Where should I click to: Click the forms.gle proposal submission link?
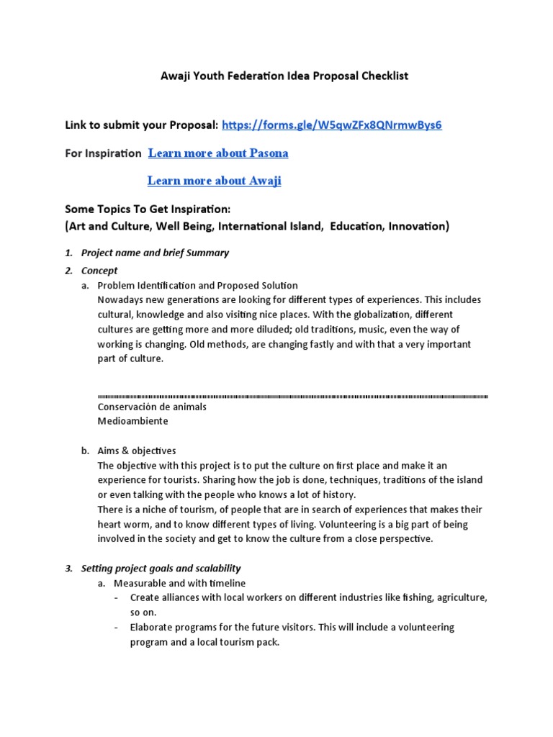(x=332, y=125)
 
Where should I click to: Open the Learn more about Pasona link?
(x=218, y=153)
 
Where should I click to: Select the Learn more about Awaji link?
(x=214, y=181)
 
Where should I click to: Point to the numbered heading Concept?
(x=99, y=271)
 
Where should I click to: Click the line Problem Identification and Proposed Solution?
(x=205, y=286)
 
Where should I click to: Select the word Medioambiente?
(x=132, y=421)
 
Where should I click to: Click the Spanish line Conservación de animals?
(x=152, y=407)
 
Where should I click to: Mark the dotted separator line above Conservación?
(x=292, y=397)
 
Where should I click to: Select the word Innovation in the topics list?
(x=417, y=227)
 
